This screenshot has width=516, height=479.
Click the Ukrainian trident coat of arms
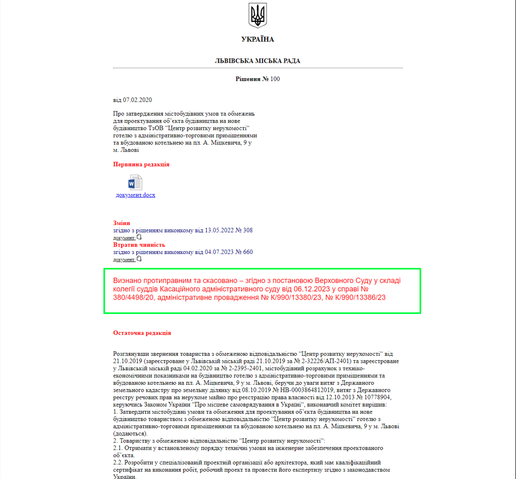point(258,16)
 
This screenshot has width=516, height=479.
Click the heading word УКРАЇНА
point(258,39)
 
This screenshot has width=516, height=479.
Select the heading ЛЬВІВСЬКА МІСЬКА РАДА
point(258,61)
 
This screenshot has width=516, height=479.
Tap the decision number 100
point(275,79)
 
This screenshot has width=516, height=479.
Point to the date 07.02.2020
point(138,100)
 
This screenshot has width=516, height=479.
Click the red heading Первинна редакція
point(141,164)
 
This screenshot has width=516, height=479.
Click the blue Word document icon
point(135,182)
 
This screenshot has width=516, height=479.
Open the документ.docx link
point(136,195)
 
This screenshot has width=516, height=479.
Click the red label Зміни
point(122,223)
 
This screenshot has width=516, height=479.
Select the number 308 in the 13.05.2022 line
point(248,230)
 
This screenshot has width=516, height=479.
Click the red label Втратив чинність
point(139,245)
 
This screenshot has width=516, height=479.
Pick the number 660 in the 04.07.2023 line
point(248,252)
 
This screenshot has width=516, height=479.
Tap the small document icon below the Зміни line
point(139,237)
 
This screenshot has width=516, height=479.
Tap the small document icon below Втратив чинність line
point(139,259)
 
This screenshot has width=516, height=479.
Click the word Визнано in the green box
point(129,280)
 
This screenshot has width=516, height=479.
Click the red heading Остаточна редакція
point(142,333)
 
